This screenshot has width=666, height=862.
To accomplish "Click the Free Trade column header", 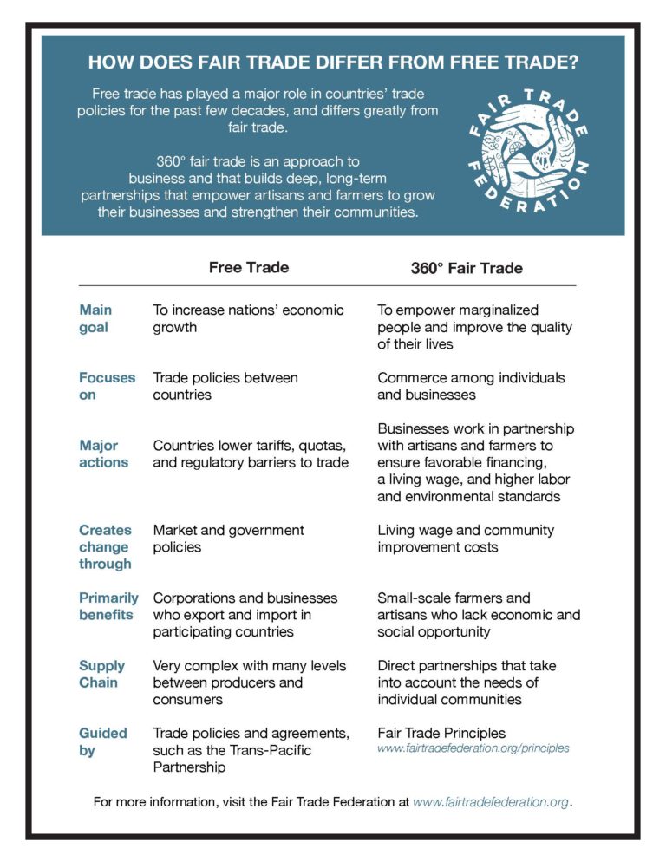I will (x=249, y=267).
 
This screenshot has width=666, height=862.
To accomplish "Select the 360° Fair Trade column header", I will (x=467, y=268).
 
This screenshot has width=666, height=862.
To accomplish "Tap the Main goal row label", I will (x=95, y=318).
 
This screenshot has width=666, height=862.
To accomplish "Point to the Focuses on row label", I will (x=107, y=386).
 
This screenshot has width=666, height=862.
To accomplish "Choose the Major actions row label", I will (x=103, y=454).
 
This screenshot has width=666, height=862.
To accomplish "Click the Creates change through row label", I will (x=105, y=546).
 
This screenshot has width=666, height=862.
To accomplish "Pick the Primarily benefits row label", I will (x=108, y=606).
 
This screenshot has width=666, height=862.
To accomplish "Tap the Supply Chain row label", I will (x=101, y=674).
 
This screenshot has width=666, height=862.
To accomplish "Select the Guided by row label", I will (x=102, y=741).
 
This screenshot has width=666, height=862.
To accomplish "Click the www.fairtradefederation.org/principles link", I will (x=473, y=748).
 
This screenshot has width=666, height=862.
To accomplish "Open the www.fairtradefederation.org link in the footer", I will (x=492, y=802).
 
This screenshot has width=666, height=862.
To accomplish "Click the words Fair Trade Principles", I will (x=441, y=733).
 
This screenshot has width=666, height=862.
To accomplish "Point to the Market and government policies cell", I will (x=228, y=539).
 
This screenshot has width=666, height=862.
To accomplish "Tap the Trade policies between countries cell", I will (x=225, y=386).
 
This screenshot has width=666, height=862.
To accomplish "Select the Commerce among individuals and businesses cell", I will (x=471, y=386).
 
